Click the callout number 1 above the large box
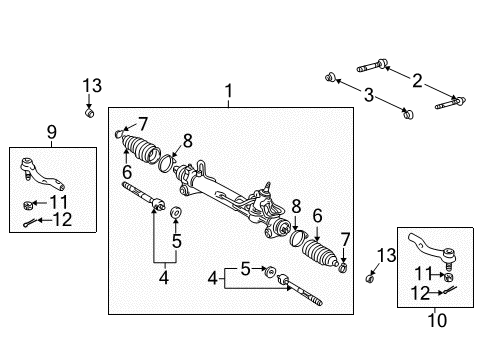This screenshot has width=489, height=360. (x=228, y=90)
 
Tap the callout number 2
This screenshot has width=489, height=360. (x=417, y=81)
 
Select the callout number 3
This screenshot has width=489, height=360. (x=368, y=95)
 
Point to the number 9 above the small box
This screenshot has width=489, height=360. (x=52, y=132)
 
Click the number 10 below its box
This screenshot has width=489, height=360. (x=437, y=320)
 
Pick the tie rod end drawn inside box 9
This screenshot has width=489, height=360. (x=42, y=173)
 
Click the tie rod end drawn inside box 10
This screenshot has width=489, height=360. (x=433, y=251)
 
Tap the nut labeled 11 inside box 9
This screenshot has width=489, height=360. (x=28, y=205)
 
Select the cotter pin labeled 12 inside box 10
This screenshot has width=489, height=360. (x=448, y=290)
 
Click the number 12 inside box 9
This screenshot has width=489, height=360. (x=62, y=219)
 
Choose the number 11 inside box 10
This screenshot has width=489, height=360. (x=423, y=274)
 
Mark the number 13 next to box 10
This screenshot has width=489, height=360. (x=386, y=256)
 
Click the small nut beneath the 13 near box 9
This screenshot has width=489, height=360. (x=89, y=112)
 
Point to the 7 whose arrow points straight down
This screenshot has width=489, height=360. (x=345, y=240)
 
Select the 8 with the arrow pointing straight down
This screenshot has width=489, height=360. (x=296, y=206)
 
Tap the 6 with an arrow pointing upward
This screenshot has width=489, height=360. (x=127, y=172)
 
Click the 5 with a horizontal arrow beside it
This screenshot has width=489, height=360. (x=245, y=269)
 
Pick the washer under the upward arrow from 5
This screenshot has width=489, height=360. (x=176, y=212)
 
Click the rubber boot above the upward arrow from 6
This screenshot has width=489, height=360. (x=140, y=149)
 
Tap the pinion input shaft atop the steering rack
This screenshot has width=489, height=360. (x=267, y=187)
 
